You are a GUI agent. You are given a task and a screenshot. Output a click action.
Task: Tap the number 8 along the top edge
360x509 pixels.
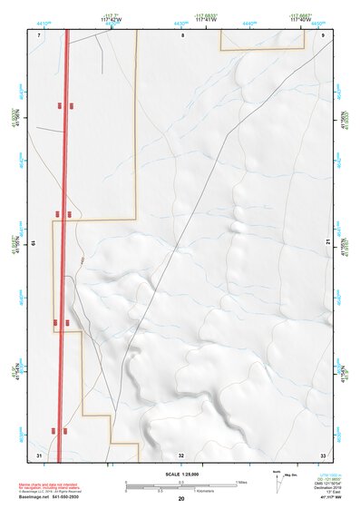pyautogui.click(x=181, y=34)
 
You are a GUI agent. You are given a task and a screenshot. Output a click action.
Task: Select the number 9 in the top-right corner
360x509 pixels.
pyautogui.click(x=323, y=34)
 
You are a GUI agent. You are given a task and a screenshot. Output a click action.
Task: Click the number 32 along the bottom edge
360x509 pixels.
pyautogui.click(x=181, y=455)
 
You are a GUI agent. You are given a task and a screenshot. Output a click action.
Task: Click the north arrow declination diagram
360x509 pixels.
pyautogui.click(x=278, y=480)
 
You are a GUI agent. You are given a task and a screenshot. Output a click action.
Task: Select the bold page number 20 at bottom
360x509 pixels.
pyautogui.click(x=181, y=499)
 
